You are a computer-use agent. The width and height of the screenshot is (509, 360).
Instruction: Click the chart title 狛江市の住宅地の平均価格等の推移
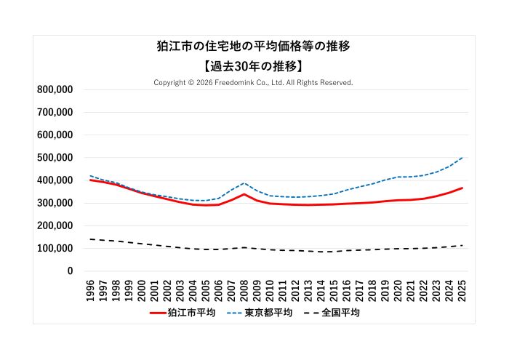click(254, 47)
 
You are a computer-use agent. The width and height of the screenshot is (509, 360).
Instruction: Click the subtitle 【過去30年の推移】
click(254, 66)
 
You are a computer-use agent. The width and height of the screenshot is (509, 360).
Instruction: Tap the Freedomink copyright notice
click(254, 83)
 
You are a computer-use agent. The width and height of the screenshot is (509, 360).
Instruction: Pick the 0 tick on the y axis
click(70, 271)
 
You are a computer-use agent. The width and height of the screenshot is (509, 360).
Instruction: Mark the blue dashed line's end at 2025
click(462, 158)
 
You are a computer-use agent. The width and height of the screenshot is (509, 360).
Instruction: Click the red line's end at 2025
click(462, 188)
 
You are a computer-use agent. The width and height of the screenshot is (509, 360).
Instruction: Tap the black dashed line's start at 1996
click(91, 239)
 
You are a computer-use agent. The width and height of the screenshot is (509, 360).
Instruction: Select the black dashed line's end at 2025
click(462, 245)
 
